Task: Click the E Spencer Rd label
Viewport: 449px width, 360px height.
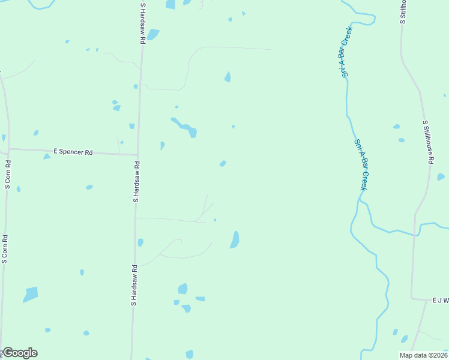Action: click(x=73, y=152)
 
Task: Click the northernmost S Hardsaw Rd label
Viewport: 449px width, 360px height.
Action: click(x=143, y=23)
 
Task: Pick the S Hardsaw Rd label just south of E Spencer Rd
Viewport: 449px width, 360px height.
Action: click(x=136, y=181)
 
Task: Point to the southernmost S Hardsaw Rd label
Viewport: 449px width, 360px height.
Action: click(x=134, y=286)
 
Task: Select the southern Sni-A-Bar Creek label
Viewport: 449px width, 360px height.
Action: click(x=361, y=165)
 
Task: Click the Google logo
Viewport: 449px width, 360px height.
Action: click(x=19, y=353)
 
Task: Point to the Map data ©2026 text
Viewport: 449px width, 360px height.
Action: click(x=423, y=355)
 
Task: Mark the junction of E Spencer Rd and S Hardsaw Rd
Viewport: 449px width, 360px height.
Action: click(x=137, y=155)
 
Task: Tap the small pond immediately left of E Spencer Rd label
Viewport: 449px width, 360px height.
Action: click(x=46, y=157)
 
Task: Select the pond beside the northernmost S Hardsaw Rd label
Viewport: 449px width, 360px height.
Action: click(x=153, y=34)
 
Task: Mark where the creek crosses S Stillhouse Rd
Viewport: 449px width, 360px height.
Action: click(x=415, y=235)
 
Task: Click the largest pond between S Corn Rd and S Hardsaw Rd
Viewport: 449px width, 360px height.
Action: click(x=31, y=295)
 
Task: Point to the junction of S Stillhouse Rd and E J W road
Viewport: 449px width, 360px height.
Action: click(x=412, y=298)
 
